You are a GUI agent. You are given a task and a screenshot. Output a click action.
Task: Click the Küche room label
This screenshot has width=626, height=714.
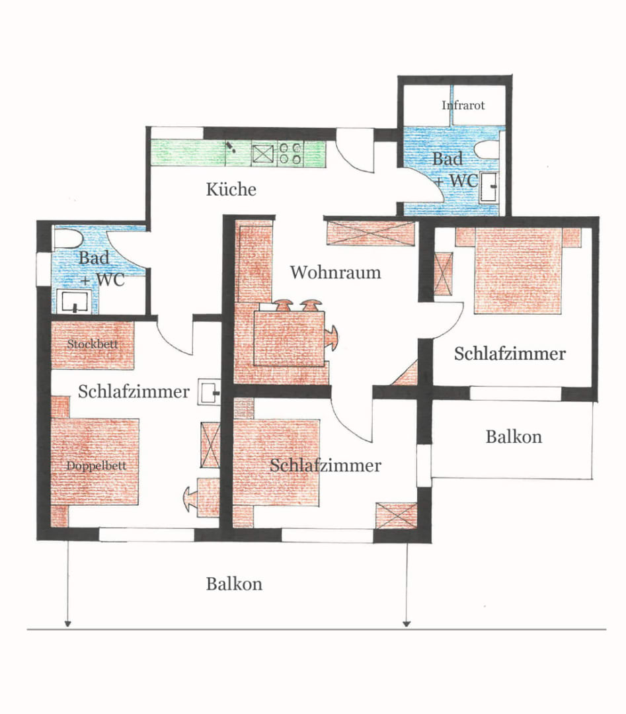(x=231, y=189)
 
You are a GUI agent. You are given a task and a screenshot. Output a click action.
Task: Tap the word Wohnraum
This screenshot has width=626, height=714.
(x=336, y=272)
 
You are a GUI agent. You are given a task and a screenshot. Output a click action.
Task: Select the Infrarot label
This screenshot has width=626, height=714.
(x=463, y=105)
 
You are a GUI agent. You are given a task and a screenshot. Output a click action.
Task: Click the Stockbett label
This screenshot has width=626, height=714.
(x=93, y=344)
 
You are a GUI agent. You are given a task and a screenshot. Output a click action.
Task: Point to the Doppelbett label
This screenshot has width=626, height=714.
(x=96, y=466)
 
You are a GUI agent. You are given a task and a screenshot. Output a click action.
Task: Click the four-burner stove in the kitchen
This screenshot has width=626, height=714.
(x=290, y=153)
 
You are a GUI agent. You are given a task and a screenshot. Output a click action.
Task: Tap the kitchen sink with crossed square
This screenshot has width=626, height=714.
(x=262, y=154)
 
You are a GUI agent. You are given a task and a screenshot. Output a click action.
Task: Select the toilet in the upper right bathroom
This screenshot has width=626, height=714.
(x=487, y=150)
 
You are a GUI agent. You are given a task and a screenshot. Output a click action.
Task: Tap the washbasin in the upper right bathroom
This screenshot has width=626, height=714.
(x=489, y=186)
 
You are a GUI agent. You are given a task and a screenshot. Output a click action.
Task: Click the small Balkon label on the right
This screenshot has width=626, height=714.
(x=514, y=437)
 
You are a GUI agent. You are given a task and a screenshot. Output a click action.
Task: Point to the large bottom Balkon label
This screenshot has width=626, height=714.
(x=234, y=584)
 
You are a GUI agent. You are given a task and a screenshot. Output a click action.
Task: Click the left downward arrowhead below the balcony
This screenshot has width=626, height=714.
(x=67, y=623)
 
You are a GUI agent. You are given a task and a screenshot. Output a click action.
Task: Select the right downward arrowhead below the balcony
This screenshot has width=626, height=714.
(x=407, y=623)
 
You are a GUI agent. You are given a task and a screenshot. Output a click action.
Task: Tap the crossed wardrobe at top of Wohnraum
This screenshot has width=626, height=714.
(x=371, y=233)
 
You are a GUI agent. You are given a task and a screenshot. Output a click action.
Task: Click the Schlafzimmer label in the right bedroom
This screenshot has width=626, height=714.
(x=510, y=354)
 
